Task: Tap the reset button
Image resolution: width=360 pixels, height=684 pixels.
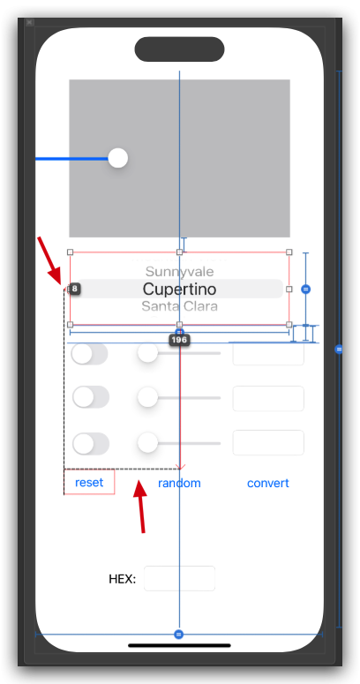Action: coord(89,483)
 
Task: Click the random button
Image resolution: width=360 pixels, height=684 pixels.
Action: coord(179,484)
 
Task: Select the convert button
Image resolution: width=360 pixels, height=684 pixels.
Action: coord(268,484)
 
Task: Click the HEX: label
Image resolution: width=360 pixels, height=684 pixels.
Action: coord(122,579)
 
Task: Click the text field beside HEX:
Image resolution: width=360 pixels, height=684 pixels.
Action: coord(179,578)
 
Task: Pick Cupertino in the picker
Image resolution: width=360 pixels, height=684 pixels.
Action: coord(179,289)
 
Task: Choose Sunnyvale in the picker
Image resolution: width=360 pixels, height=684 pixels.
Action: coord(179,272)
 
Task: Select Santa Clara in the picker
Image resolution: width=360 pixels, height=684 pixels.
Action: coord(179,305)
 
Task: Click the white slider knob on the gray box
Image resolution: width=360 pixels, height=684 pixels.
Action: coord(118,158)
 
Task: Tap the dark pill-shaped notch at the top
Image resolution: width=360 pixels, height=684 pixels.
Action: coord(179,49)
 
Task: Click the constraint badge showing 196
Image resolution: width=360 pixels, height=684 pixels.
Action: coord(179,341)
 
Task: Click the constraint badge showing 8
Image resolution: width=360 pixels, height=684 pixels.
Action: coord(75,289)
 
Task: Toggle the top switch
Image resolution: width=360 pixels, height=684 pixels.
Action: coord(89,353)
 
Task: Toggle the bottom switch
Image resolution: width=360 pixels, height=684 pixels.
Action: coord(90,444)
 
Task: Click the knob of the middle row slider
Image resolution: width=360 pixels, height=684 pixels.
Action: coord(147,397)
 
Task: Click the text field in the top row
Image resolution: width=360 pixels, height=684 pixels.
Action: coord(268,353)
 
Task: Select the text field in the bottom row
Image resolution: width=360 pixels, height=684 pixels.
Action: coord(268,443)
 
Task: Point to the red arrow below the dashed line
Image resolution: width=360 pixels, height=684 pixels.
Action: coord(140,507)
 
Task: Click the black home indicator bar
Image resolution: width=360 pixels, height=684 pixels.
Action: coord(179,646)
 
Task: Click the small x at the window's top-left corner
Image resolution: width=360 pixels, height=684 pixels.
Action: coord(29,22)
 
